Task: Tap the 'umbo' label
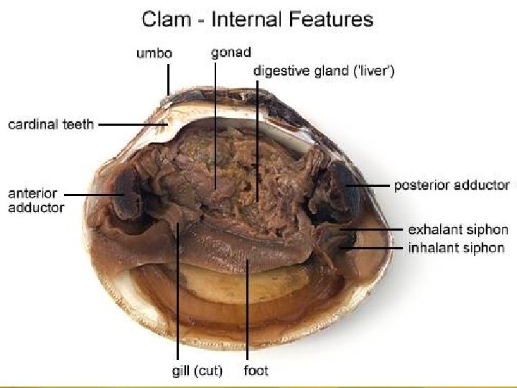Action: [154, 52]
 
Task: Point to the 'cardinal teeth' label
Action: [51, 124]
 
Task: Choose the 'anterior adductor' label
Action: [37, 200]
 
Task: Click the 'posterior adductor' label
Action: [452, 185]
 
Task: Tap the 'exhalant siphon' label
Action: [458, 231]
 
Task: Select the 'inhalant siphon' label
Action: [457, 248]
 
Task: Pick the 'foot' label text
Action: [256, 371]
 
